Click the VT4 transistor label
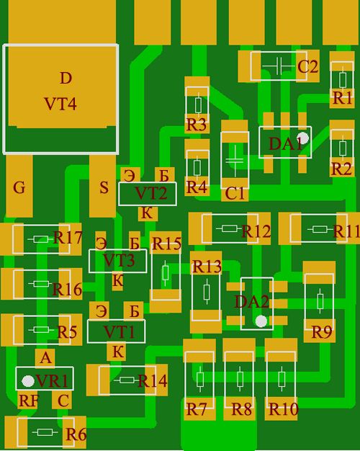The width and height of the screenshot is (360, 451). [60, 104]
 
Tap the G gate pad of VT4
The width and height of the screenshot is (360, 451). [19, 186]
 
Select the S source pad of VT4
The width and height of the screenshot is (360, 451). [103, 186]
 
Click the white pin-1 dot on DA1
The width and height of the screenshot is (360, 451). [302, 138]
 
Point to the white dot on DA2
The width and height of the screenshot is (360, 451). [261, 321]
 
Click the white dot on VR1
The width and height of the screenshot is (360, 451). [28, 381]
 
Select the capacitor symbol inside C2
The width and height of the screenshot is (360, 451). [279, 66]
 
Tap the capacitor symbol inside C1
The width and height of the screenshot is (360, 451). [235, 161]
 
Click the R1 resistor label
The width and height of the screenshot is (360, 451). [342, 98]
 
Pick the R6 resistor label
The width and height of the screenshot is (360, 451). [76, 434]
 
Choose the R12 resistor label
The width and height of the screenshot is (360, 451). [256, 231]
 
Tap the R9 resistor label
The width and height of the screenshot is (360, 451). [322, 333]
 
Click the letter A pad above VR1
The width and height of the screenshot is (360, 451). [45, 358]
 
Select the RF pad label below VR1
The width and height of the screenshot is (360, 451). [29, 401]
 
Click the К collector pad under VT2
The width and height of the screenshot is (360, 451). [148, 213]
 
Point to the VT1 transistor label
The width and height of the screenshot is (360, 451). [119, 332]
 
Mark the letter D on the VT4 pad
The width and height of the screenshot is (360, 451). [66, 78]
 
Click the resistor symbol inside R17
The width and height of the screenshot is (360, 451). [41, 239]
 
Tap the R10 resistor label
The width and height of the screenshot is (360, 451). [284, 409]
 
